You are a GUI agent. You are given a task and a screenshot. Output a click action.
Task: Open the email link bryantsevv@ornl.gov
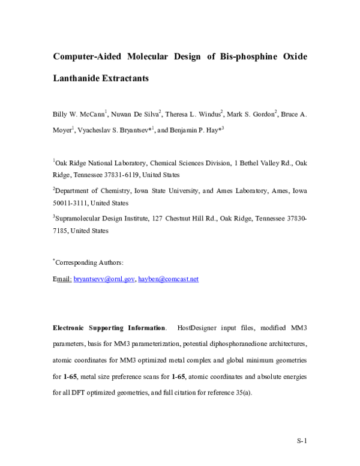click(104, 279)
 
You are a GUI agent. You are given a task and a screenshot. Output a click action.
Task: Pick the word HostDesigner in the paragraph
click(198, 328)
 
